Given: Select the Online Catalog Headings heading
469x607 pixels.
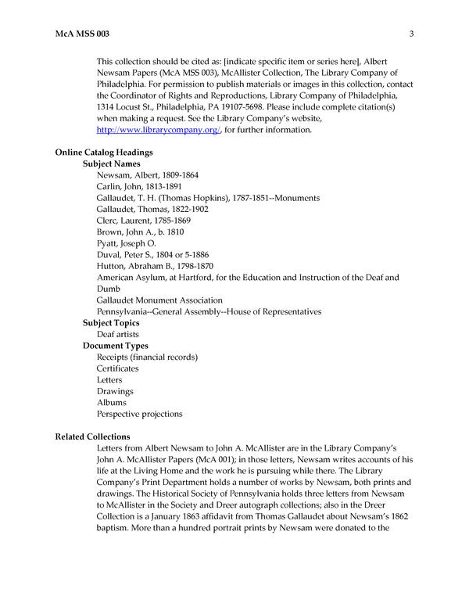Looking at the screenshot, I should pyautogui.click(x=103, y=152).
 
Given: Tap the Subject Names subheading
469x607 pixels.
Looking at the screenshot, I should pyautogui.click(x=111, y=164).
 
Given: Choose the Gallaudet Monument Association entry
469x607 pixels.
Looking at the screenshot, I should pyautogui.click(x=159, y=300).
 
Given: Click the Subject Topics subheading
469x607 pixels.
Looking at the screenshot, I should pyautogui.click(x=111, y=323).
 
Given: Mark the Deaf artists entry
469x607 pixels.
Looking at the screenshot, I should pyautogui.click(x=117, y=334).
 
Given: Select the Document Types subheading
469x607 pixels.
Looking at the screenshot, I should pyautogui.click(x=115, y=346).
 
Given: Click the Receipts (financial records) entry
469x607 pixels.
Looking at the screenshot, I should pyautogui.click(x=147, y=357).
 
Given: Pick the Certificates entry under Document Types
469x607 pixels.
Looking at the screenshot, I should pyautogui.click(x=118, y=368).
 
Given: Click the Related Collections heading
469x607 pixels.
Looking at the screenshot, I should pyautogui.click(x=93, y=436).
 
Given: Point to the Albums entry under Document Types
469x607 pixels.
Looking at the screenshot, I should pyautogui.click(x=111, y=402).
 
